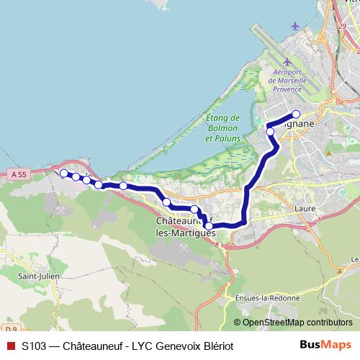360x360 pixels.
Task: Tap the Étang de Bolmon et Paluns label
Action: coord(222,127)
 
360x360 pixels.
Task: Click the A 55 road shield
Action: coord(19,174)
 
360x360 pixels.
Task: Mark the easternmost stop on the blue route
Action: coord(295,114)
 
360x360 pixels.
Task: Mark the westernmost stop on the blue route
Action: coord(63,173)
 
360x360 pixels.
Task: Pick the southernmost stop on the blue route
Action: coord(209,225)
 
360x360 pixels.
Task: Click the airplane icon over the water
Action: coord(295,26)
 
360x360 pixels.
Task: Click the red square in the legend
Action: coord(10,346)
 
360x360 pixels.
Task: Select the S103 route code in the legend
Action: coord(35,346)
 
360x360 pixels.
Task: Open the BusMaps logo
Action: coord(325,345)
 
